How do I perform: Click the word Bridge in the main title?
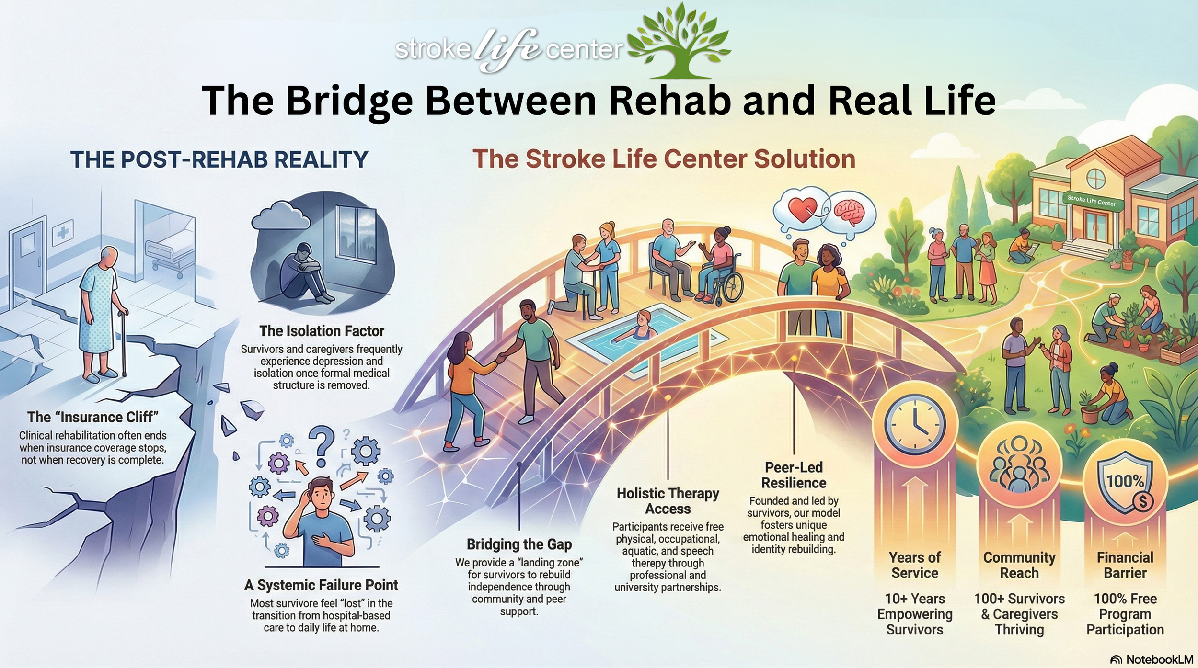coord(349,101)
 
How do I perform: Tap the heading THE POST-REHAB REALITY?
coord(219,159)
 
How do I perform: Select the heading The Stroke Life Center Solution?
coord(664,159)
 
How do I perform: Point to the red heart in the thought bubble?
coord(802,210)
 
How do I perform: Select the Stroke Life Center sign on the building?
coord(1092,200)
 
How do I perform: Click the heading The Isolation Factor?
coord(322,331)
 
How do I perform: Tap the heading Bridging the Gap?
coord(519,544)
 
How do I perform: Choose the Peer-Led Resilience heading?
coord(794,475)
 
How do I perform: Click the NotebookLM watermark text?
coord(1159,659)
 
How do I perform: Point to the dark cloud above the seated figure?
coord(280,215)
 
